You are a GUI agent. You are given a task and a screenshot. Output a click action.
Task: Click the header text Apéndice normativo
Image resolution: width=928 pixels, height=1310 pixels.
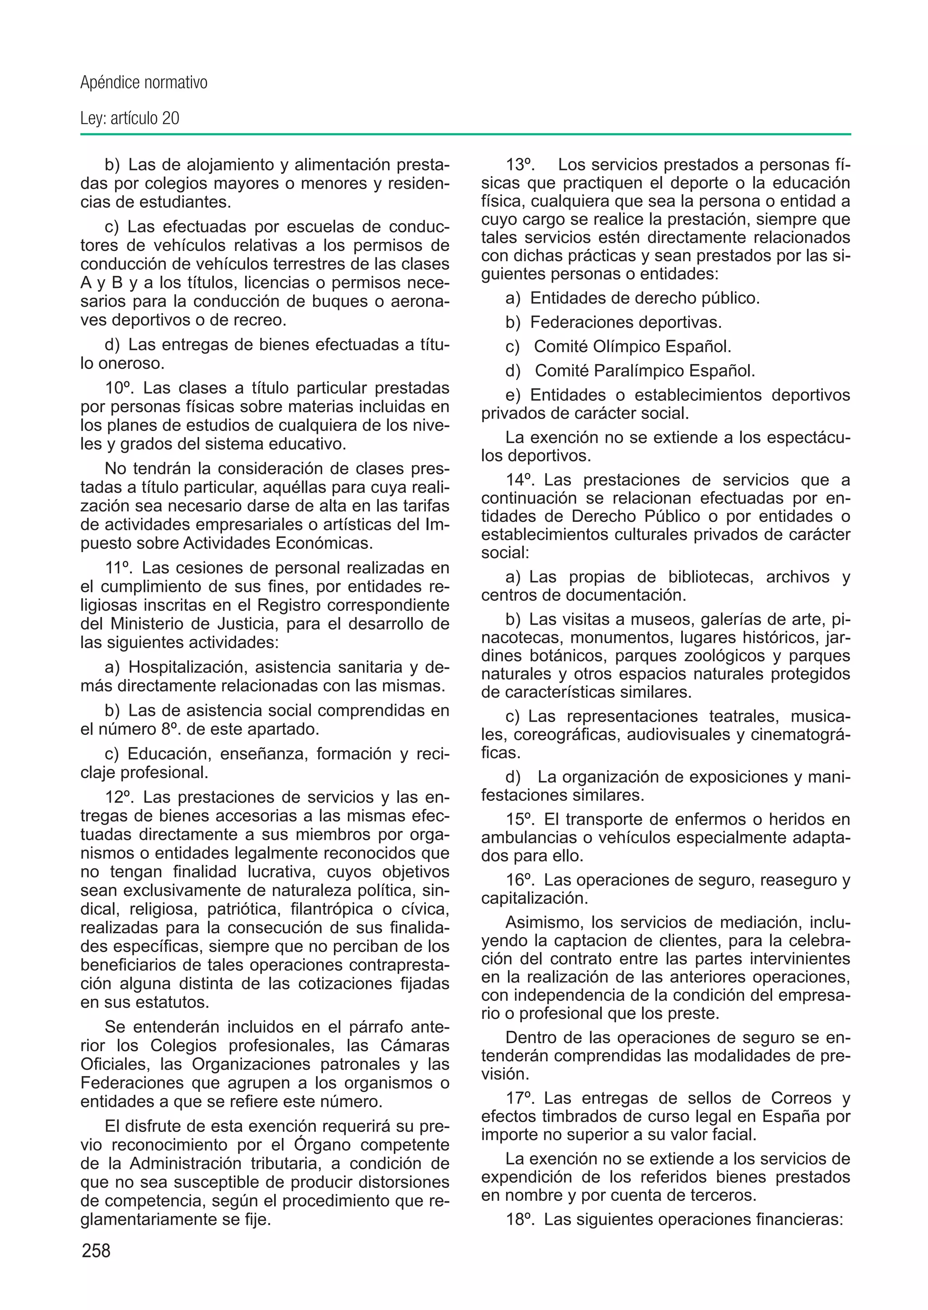(144, 83)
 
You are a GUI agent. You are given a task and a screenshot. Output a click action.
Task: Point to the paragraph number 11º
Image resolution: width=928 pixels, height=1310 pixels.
(118, 568)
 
